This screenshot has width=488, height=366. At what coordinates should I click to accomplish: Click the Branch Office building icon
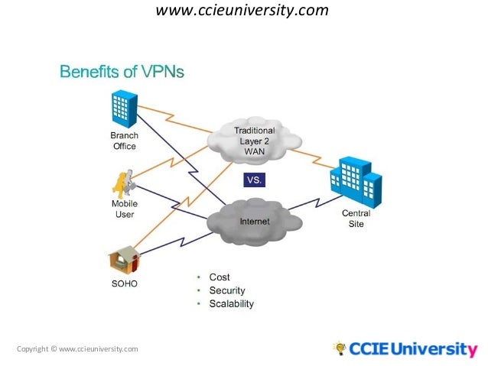click(122, 109)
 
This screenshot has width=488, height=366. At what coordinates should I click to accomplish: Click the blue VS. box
click(254, 180)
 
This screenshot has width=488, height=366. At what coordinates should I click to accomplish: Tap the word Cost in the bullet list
click(219, 277)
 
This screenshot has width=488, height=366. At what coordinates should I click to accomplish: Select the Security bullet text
click(226, 290)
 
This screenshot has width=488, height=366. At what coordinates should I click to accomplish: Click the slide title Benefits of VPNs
click(122, 73)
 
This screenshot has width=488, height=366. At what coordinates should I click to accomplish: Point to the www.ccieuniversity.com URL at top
click(242, 11)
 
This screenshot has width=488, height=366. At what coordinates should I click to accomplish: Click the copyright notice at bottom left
click(77, 349)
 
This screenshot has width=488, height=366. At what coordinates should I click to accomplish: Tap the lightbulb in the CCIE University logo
click(338, 348)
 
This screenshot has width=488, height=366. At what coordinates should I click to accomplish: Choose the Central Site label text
click(356, 219)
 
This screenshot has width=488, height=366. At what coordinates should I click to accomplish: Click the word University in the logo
click(433, 350)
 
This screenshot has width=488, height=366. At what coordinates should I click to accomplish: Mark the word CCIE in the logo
click(369, 350)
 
